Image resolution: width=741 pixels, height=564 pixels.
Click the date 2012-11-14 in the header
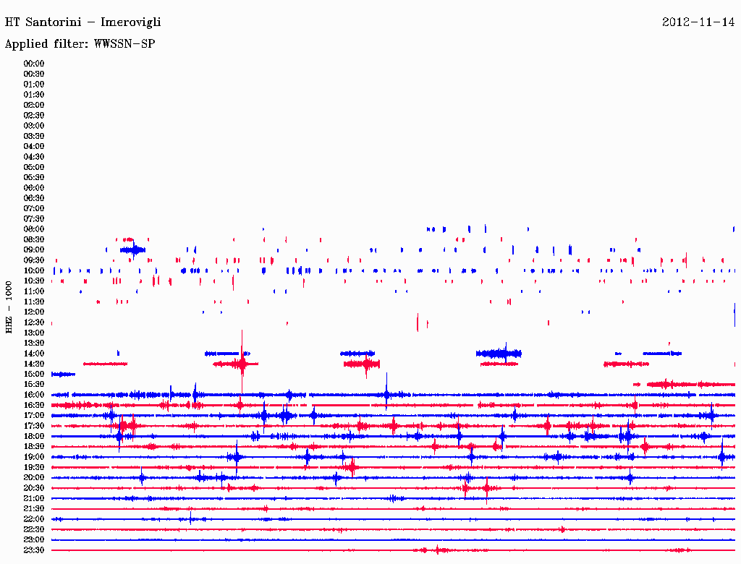click(x=698, y=22)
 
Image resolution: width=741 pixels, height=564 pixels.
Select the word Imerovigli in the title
click(x=130, y=22)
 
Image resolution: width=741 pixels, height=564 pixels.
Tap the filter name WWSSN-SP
click(x=124, y=44)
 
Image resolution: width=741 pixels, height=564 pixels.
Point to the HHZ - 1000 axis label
click(x=9, y=307)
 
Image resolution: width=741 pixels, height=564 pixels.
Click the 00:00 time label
click(x=34, y=64)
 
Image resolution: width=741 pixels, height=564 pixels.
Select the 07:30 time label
click(x=34, y=219)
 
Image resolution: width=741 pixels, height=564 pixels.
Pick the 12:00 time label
click(x=34, y=312)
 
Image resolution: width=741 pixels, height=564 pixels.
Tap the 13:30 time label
click(x=34, y=343)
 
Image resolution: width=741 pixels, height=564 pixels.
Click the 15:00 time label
click(x=34, y=375)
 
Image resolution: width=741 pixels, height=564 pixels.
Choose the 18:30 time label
click(x=34, y=447)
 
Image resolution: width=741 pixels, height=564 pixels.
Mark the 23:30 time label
click(x=34, y=550)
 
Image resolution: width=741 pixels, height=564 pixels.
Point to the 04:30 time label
click(x=34, y=157)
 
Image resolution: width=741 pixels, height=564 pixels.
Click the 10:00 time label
click(x=34, y=271)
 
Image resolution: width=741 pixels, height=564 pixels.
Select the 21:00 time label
click(x=34, y=499)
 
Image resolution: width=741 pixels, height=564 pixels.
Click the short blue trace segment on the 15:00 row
click(x=63, y=374)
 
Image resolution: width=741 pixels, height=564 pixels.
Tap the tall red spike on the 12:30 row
click(x=418, y=322)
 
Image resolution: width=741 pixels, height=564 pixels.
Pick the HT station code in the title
click(x=12, y=22)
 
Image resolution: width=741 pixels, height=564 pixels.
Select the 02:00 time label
click(x=34, y=105)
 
